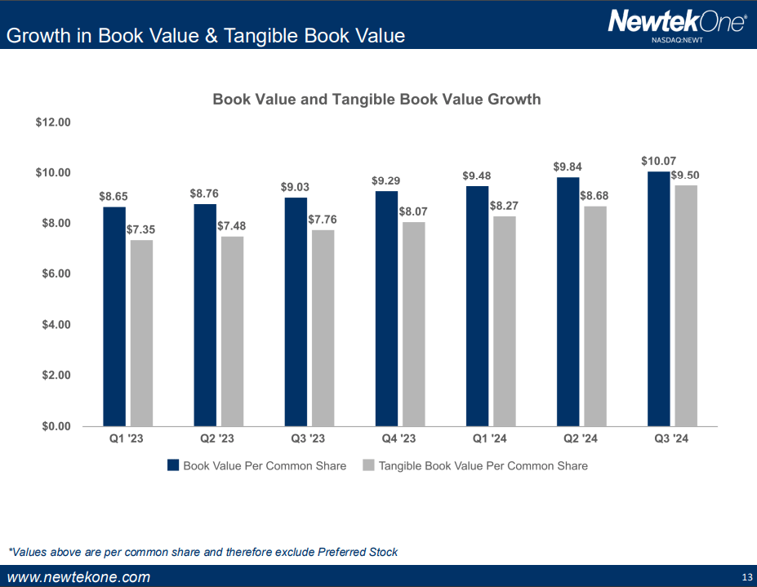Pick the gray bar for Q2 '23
click(x=231, y=331)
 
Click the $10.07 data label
click(x=658, y=161)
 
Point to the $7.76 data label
click(x=322, y=220)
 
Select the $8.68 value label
click(x=594, y=196)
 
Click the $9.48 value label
click(x=477, y=176)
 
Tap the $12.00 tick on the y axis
click(x=54, y=122)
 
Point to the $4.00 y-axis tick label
click(x=56, y=324)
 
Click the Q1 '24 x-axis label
click(x=490, y=439)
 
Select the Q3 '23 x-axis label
click(x=308, y=439)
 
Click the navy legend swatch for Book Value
click(x=172, y=465)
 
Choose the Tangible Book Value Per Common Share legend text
click(x=483, y=465)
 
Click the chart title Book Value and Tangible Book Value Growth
click(x=376, y=100)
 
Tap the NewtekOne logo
click(x=677, y=20)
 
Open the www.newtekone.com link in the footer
click(x=78, y=577)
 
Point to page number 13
click(x=746, y=578)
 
